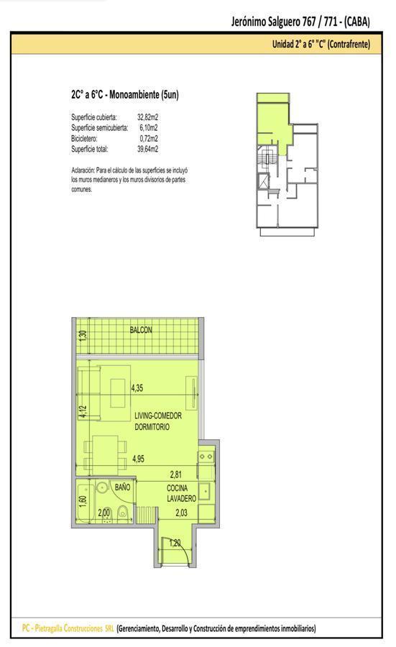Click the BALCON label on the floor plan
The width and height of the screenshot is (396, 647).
pos(141,330)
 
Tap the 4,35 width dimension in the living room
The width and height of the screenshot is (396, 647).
pos(137,388)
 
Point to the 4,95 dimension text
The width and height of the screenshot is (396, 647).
pos(138,459)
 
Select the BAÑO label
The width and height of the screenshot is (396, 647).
pos(122,487)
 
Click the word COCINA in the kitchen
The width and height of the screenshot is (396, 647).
pos(178,488)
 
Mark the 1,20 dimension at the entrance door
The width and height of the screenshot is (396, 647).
pos(175,543)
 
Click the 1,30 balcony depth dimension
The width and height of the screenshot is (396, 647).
pos(83,335)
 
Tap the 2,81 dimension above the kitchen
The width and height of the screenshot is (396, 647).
pos(176,474)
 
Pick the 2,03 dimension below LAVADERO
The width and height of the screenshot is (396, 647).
pos(182,513)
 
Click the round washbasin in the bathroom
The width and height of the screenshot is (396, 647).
pos(101,487)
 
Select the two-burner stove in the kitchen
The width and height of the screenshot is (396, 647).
pos(205,456)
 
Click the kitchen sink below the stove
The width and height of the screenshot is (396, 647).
pos(205,491)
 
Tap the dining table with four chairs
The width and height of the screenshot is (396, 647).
pos(105,455)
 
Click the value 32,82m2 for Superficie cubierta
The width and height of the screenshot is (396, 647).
pos(147,117)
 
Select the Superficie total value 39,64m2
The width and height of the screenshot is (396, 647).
pos(147,149)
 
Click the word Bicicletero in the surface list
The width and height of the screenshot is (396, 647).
pos(84,139)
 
